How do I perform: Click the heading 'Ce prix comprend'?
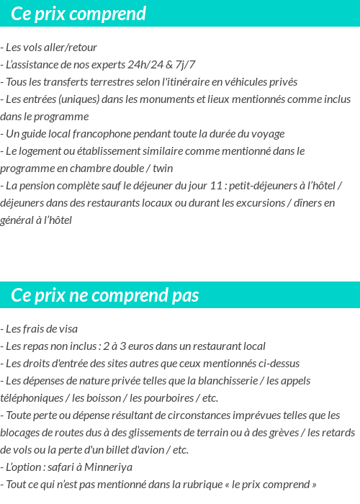(x=78, y=14)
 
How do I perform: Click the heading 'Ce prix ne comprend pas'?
(x=105, y=295)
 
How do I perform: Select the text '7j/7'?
(x=186, y=65)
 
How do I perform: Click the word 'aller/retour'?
(x=70, y=48)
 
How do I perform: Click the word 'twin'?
(x=163, y=168)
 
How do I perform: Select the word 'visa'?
(x=67, y=329)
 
